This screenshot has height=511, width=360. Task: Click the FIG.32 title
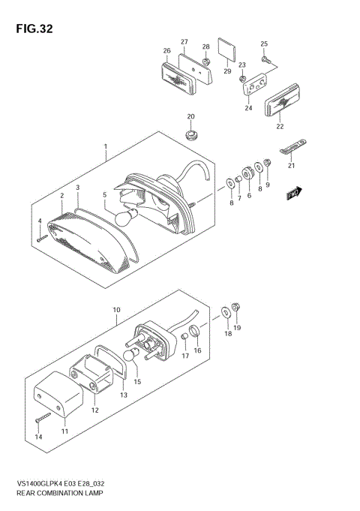click(32, 29)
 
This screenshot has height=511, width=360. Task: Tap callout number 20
click(190, 116)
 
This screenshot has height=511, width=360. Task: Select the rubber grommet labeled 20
click(193, 136)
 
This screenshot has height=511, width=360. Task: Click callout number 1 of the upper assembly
click(106, 146)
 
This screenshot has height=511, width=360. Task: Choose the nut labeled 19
click(236, 306)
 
